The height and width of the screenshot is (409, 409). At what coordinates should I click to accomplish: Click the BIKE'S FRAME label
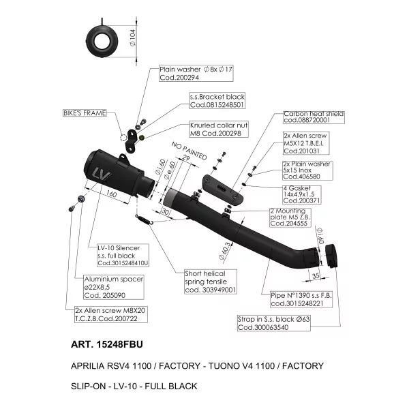click(85, 113)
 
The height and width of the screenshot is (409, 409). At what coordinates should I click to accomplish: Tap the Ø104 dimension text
click(132, 37)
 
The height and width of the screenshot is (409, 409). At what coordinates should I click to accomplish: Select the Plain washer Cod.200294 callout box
click(196, 74)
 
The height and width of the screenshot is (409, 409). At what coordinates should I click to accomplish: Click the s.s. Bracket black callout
click(217, 101)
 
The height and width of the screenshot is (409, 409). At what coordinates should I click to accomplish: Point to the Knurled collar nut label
click(219, 129)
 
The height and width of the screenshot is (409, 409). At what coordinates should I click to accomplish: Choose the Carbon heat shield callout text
click(314, 117)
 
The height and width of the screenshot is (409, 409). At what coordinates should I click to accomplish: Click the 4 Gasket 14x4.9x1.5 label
click(302, 194)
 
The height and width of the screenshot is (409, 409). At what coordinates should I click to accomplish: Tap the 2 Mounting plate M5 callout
click(290, 217)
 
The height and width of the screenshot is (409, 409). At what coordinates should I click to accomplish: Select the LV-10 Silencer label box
click(123, 255)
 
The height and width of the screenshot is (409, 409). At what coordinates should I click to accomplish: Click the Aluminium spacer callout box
click(114, 287)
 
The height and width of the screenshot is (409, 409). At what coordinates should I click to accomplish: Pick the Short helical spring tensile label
click(211, 282)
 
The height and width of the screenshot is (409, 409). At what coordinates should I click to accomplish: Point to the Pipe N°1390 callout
click(301, 299)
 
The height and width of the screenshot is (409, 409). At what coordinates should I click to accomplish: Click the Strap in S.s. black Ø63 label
click(274, 323)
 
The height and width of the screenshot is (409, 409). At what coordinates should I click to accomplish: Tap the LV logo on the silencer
click(102, 174)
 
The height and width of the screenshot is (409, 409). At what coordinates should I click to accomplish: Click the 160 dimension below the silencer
click(111, 194)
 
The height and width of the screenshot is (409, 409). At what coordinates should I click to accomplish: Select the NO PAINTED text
click(189, 151)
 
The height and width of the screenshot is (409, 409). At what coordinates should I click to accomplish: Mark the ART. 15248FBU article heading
click(107, 344)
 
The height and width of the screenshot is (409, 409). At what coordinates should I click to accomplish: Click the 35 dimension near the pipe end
click(316, 275)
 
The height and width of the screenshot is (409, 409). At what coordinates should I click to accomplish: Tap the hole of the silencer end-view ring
click(102, 42)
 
